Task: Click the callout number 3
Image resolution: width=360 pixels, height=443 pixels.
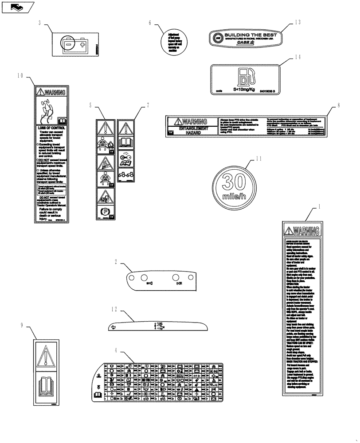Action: (x=39, y=23)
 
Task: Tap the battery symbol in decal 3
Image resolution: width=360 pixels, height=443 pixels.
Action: (x=74, y=44)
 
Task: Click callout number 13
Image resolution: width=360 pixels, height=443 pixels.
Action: (x=297, y=21)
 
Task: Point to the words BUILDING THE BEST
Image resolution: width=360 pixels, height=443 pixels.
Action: (x=250, y=35)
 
